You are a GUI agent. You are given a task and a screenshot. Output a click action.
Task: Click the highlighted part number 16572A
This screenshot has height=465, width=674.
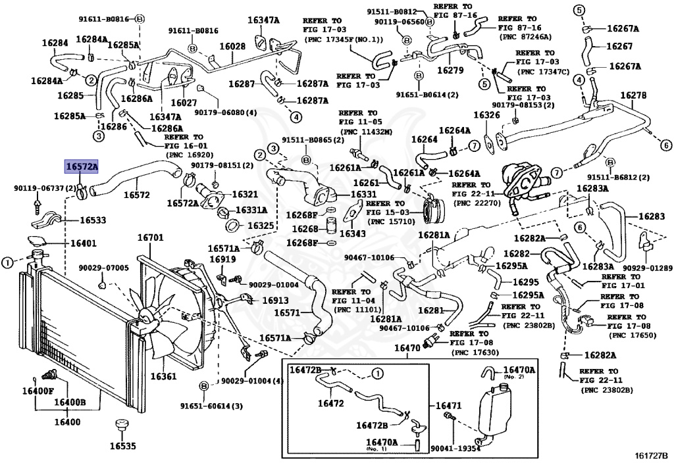[81, 166]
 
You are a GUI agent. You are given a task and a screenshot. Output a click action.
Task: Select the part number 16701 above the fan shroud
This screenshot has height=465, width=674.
[151, 237]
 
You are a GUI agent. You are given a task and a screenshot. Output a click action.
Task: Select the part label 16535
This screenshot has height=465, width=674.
[122, 446]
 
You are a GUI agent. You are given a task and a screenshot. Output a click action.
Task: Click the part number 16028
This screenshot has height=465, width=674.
[232, 47]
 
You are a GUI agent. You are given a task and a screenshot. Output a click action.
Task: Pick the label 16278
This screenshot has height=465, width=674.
[633, 95]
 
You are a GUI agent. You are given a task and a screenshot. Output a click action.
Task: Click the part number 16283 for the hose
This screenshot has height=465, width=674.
[652, 216]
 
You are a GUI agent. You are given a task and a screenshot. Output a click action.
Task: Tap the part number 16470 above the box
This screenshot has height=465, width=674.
[408, 348]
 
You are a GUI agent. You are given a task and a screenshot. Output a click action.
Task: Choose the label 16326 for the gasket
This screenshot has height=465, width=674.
[487, 114]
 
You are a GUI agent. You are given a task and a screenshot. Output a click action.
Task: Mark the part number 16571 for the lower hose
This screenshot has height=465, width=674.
[287, 312]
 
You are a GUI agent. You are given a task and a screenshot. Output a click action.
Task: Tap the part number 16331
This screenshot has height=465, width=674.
[363, 195]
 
